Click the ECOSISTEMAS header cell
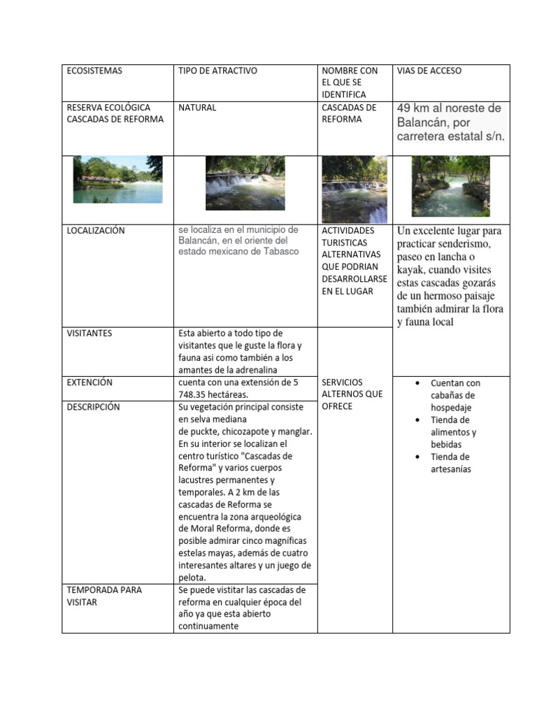click(94, 71)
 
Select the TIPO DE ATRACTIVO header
click(217, 71)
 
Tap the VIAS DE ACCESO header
click(429, 71)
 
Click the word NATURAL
click(197, 108)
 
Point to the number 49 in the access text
click(404, 108)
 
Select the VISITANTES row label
click(89, 334)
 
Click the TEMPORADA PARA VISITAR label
click(104, 596)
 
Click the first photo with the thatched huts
click(117, 179)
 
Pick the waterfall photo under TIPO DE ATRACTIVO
click(245, 182)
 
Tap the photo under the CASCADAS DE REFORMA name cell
click(354, 189)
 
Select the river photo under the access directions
click(450, 186)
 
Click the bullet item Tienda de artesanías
click(451, 463)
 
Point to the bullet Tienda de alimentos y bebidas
click(453, 432)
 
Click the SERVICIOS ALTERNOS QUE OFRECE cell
click(352, 394)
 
